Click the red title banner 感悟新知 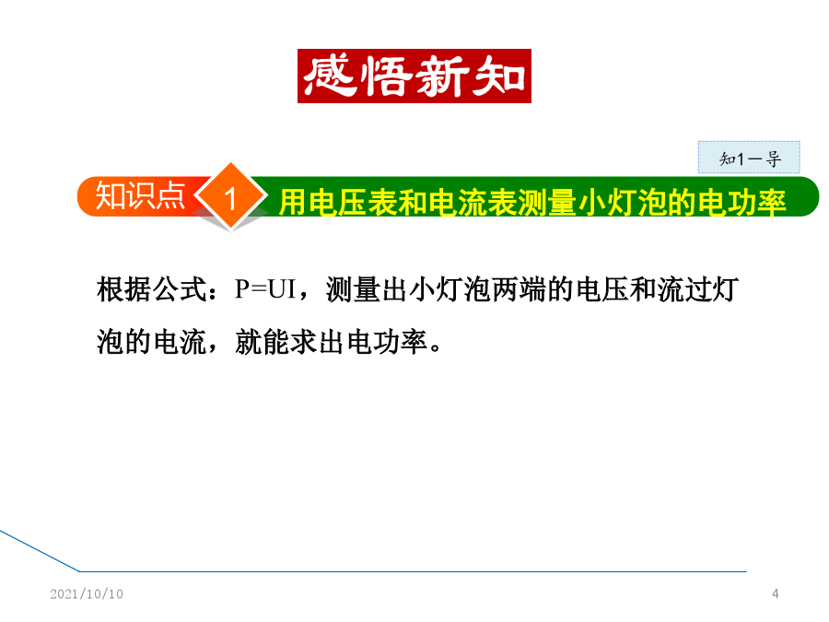(414, 76)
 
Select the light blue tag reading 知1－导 (749, 157)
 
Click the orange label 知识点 (140, 196)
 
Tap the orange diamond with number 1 (230, 197)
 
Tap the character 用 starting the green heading (293, 203)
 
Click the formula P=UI (265, 289)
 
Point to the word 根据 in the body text (124, 290)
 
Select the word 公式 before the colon (181, 290)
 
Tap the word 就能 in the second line (263, 342)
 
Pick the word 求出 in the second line (319, 342)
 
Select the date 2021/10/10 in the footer (87, 594)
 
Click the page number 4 (775, 594)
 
